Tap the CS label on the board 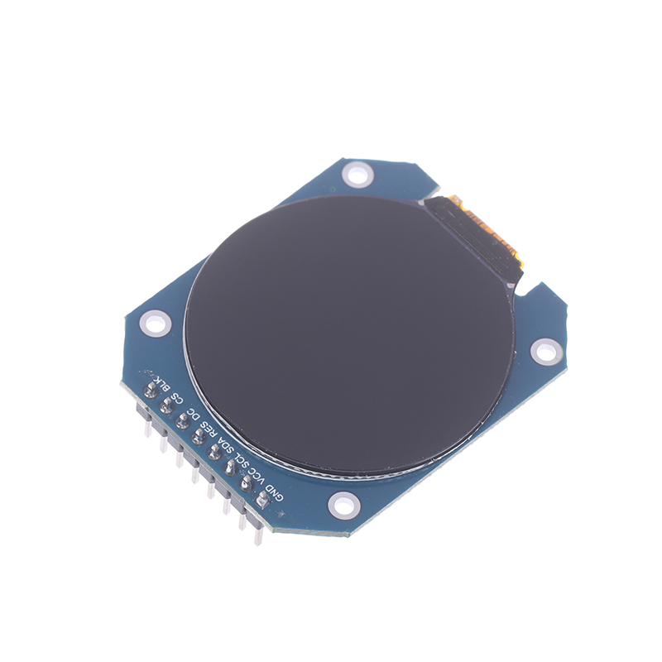pos(178,398)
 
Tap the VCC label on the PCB pos(258,477)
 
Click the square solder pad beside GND pos(262,501)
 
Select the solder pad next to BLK pos(151,391)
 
